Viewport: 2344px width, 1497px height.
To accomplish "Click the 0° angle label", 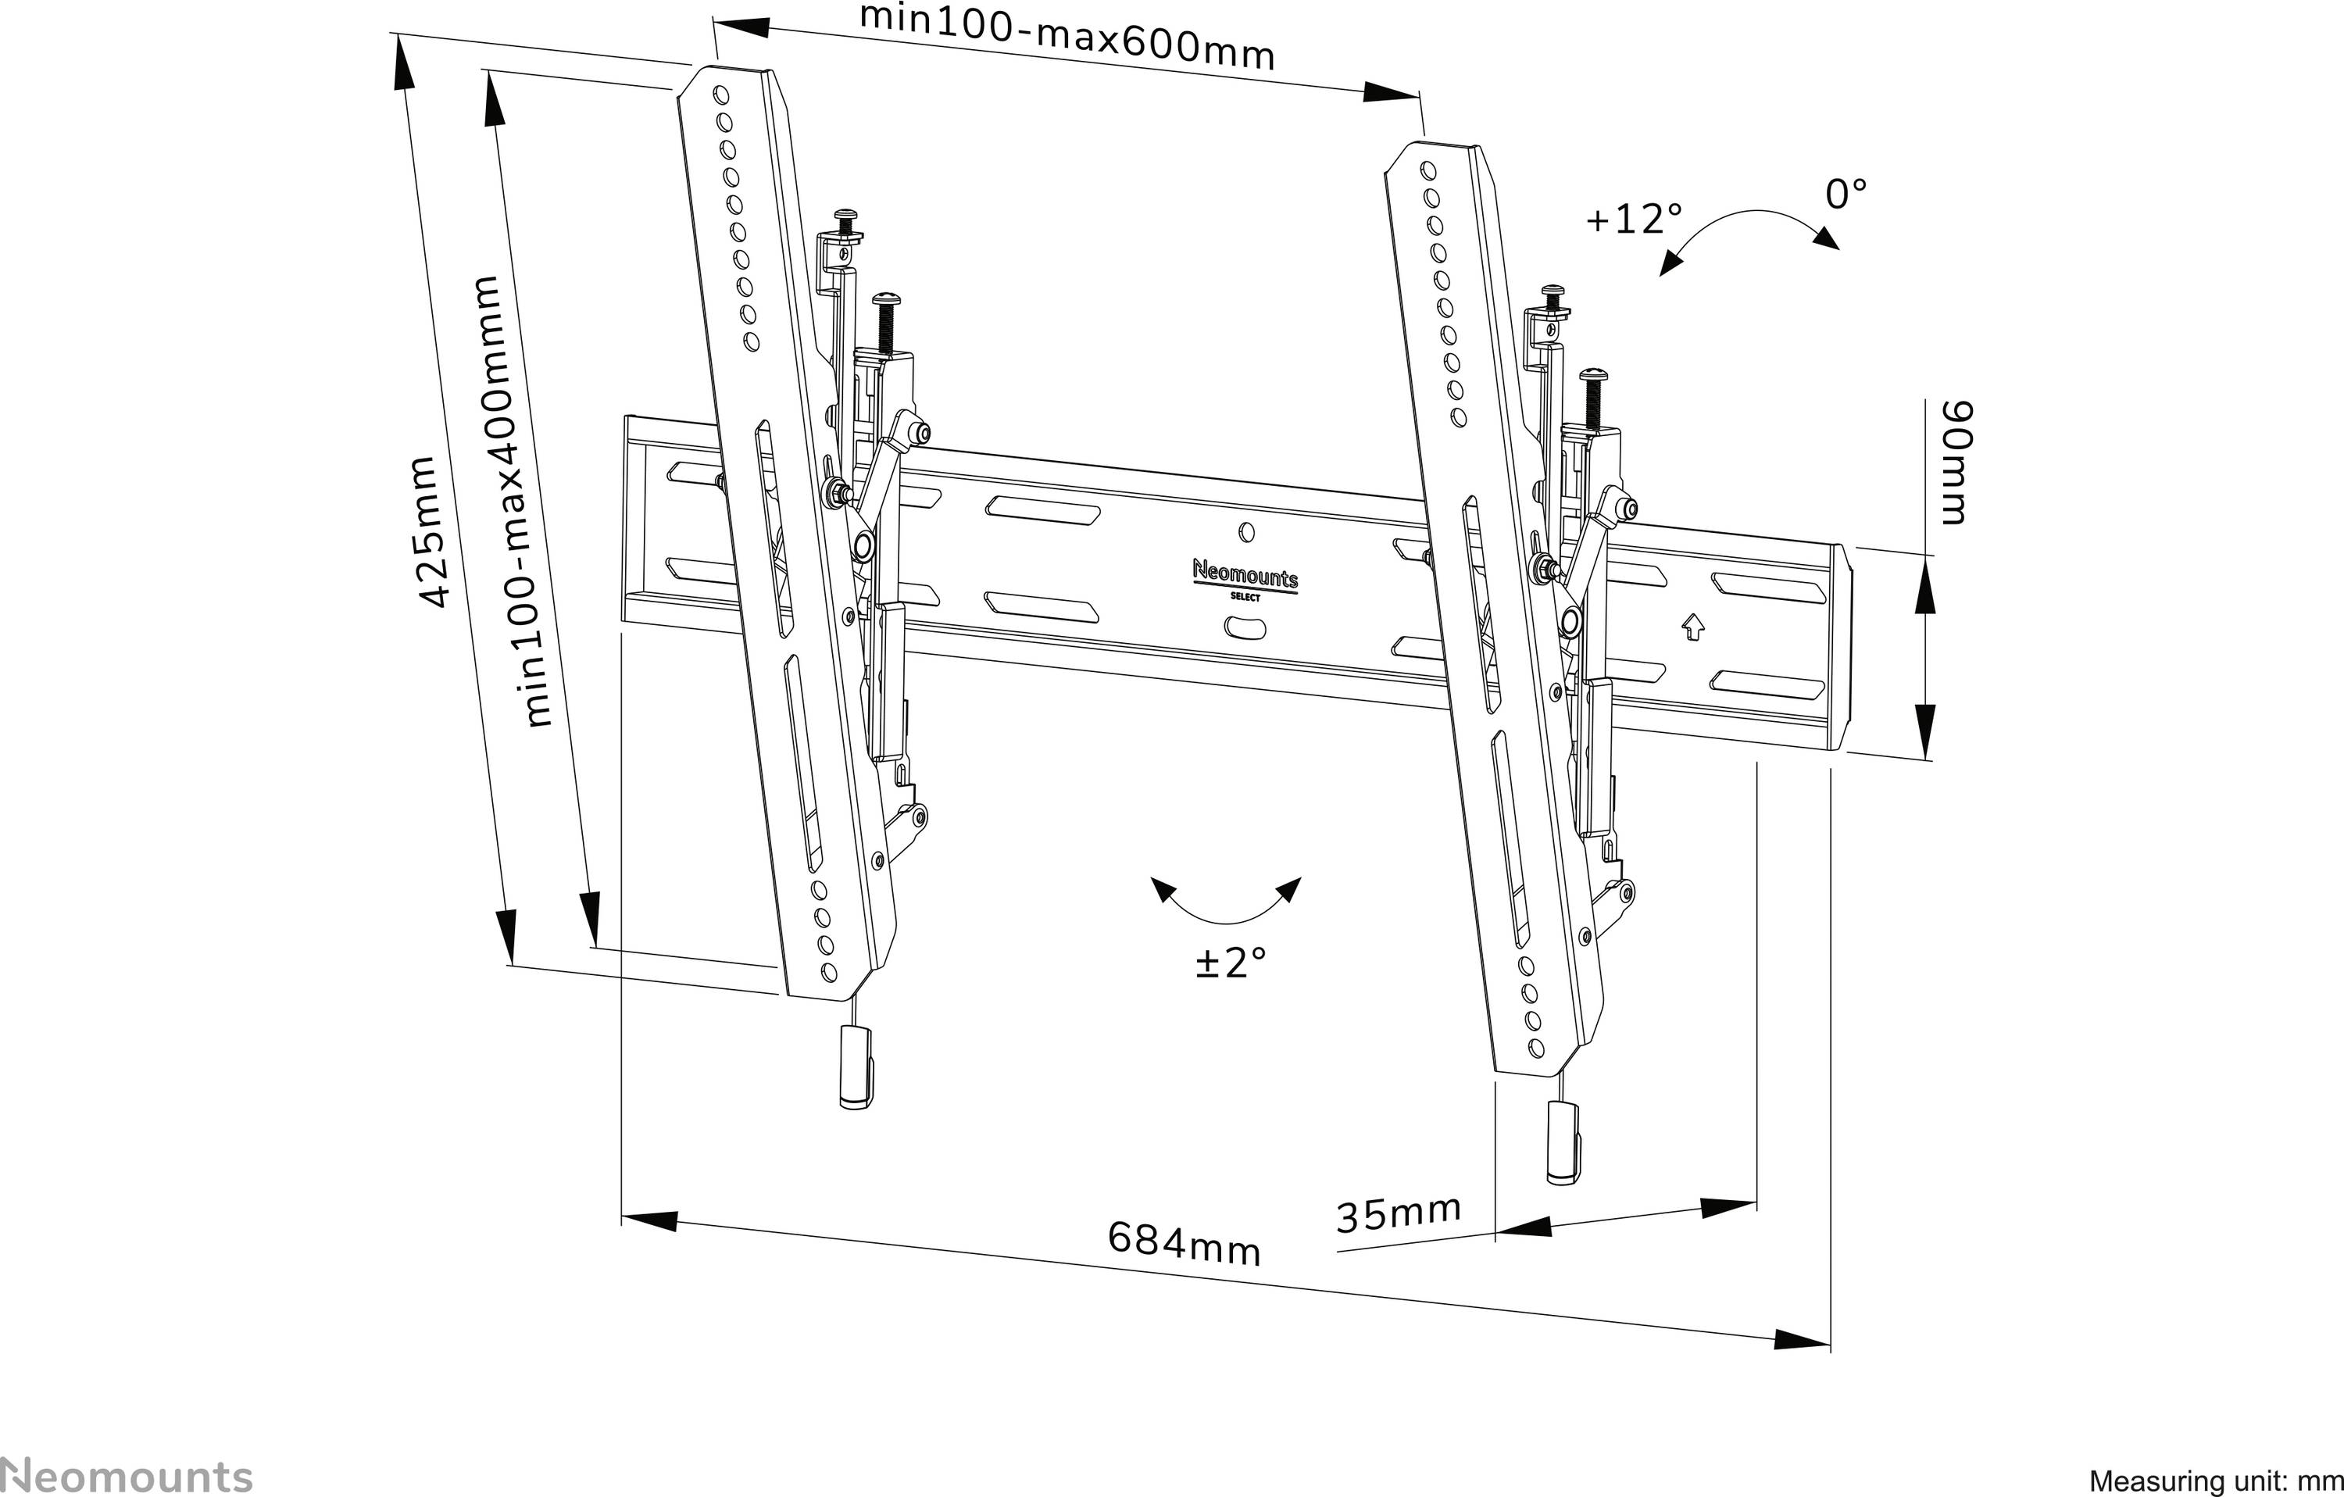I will coord(1846,195).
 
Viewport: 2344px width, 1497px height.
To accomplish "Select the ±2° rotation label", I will coord(1231,963).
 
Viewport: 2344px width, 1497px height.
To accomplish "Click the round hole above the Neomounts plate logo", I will coord(1249,532).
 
